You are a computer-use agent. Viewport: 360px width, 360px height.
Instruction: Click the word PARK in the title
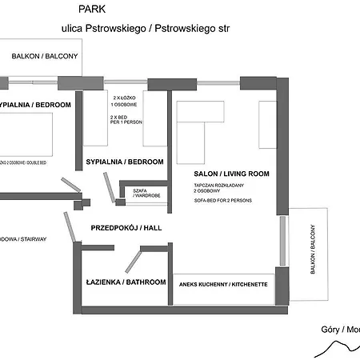click(91, 9)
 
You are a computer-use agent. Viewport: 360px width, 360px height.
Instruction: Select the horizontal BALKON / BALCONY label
click(44, 56)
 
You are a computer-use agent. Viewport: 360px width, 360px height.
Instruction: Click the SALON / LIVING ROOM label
click(231, 174)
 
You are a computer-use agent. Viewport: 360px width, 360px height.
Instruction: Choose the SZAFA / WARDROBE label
click(146, 193)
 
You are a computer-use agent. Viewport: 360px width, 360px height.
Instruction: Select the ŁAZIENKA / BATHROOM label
click(126, 282)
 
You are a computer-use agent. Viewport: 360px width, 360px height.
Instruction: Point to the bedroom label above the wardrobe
click(124, 162)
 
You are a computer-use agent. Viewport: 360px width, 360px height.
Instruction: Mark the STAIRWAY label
click(24, 239)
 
